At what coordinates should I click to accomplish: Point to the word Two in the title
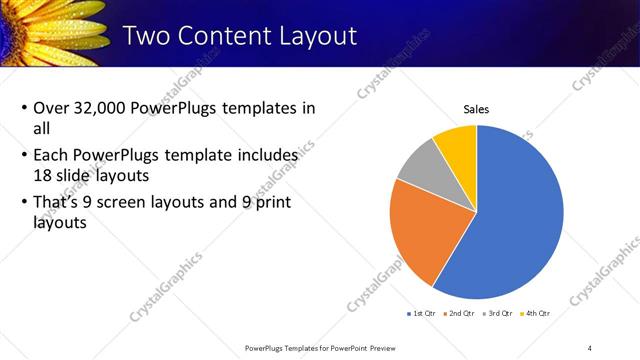(x=147, y=37)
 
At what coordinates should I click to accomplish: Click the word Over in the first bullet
(x=51, y=109)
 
